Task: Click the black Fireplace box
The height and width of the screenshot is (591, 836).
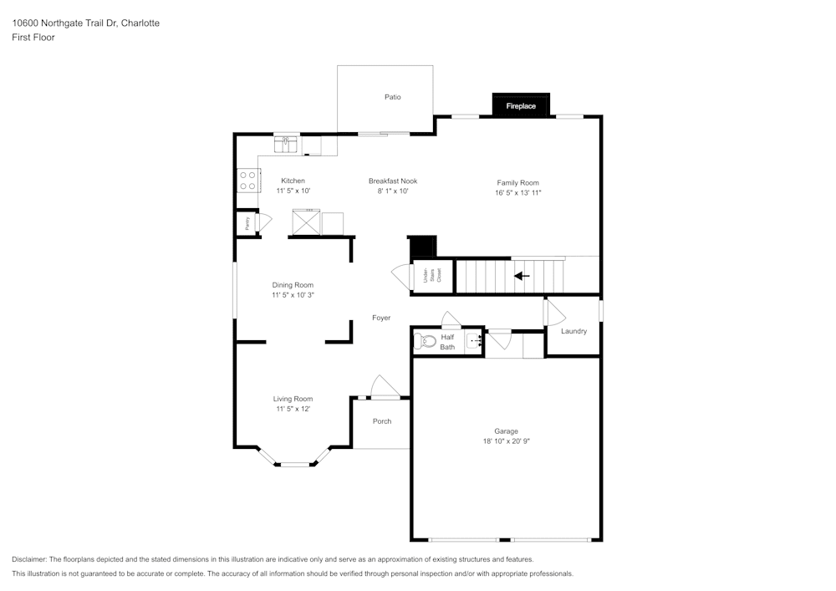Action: (521, 104)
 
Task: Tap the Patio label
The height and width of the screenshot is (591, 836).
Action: (392, 97)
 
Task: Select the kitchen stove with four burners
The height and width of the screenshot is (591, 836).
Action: (248, 180)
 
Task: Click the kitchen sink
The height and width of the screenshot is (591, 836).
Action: (286, 145)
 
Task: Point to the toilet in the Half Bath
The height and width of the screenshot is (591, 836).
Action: (425, 340)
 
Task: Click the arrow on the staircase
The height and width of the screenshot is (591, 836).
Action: (522, 276)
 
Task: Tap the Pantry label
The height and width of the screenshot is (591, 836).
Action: (247, 222)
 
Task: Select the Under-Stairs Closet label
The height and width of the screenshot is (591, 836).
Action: (432, 275)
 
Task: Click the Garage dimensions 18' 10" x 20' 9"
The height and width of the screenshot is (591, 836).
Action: (506, 441)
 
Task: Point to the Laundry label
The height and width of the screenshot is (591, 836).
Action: (573, 331)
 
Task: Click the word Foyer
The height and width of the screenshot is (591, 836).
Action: (381, 318)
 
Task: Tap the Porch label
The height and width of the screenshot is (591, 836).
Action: (382, 421)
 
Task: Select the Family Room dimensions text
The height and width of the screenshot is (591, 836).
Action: (517, 193)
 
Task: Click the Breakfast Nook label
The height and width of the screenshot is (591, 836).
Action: (393, 181)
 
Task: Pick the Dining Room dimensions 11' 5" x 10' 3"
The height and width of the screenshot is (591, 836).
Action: (293, 295)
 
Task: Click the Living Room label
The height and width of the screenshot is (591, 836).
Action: (293, 399)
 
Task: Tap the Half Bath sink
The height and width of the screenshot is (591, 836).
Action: (473, 340)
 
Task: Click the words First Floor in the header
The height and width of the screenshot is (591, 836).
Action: (33, 38)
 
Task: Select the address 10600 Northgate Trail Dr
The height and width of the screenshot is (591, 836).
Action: (65, 23)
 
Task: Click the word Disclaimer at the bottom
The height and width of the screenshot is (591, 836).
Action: (28, 559)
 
